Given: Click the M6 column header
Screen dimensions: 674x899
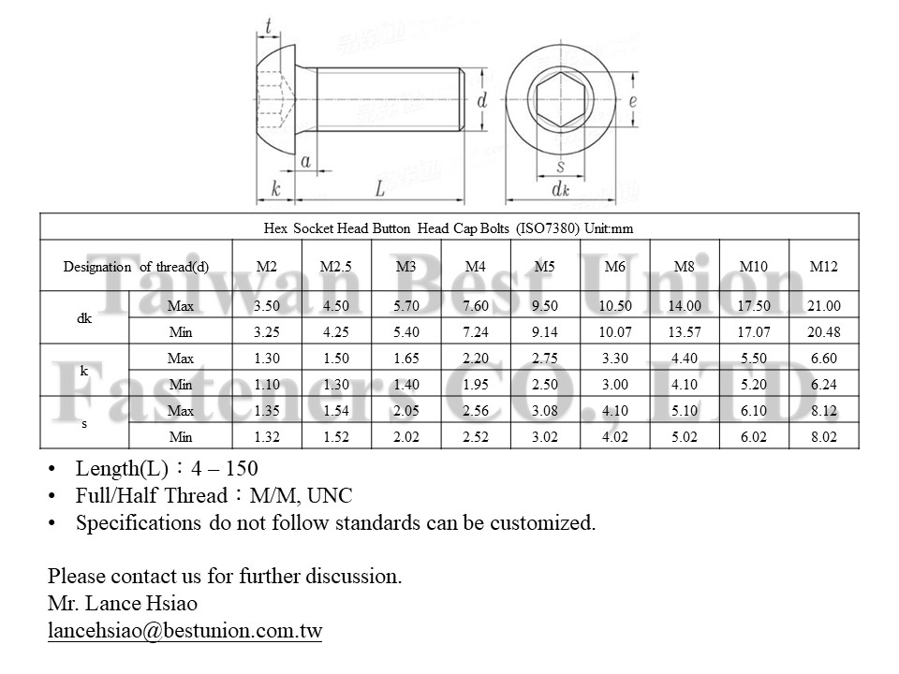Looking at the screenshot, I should click(x=615, y=267).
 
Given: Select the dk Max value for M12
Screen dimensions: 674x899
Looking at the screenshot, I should click(x=823, y=306).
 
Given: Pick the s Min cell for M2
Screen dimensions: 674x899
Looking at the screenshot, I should click(x=267, y=437).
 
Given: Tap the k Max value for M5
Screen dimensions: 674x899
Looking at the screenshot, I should click(x=544, y=359).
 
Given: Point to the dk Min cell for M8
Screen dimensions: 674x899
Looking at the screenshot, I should click(x=685, y=332).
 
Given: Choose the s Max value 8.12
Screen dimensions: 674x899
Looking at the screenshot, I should click(x=823, y=411).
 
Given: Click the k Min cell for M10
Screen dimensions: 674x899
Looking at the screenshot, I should click(x=754, y=385).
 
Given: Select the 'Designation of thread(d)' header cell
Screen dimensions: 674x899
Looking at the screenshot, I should click(x=136, y=267).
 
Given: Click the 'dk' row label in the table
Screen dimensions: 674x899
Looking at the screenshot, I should click(x=84, y=318).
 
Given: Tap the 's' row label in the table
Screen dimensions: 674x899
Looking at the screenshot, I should click(x=84, y=424).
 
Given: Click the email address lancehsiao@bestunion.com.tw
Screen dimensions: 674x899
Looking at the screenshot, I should click(x=184, y=631).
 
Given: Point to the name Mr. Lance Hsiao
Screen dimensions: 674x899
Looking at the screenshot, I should click(x=123, y=604).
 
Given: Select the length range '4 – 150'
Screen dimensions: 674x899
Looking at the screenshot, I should click(x=225, y=469).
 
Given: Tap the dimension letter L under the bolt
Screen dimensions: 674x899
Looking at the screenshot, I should click(x=380, y=189).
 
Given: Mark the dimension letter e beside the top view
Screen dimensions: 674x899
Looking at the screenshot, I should click(x=633, y=100).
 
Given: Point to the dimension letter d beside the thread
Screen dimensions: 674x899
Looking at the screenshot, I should click(x=481, y=99).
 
